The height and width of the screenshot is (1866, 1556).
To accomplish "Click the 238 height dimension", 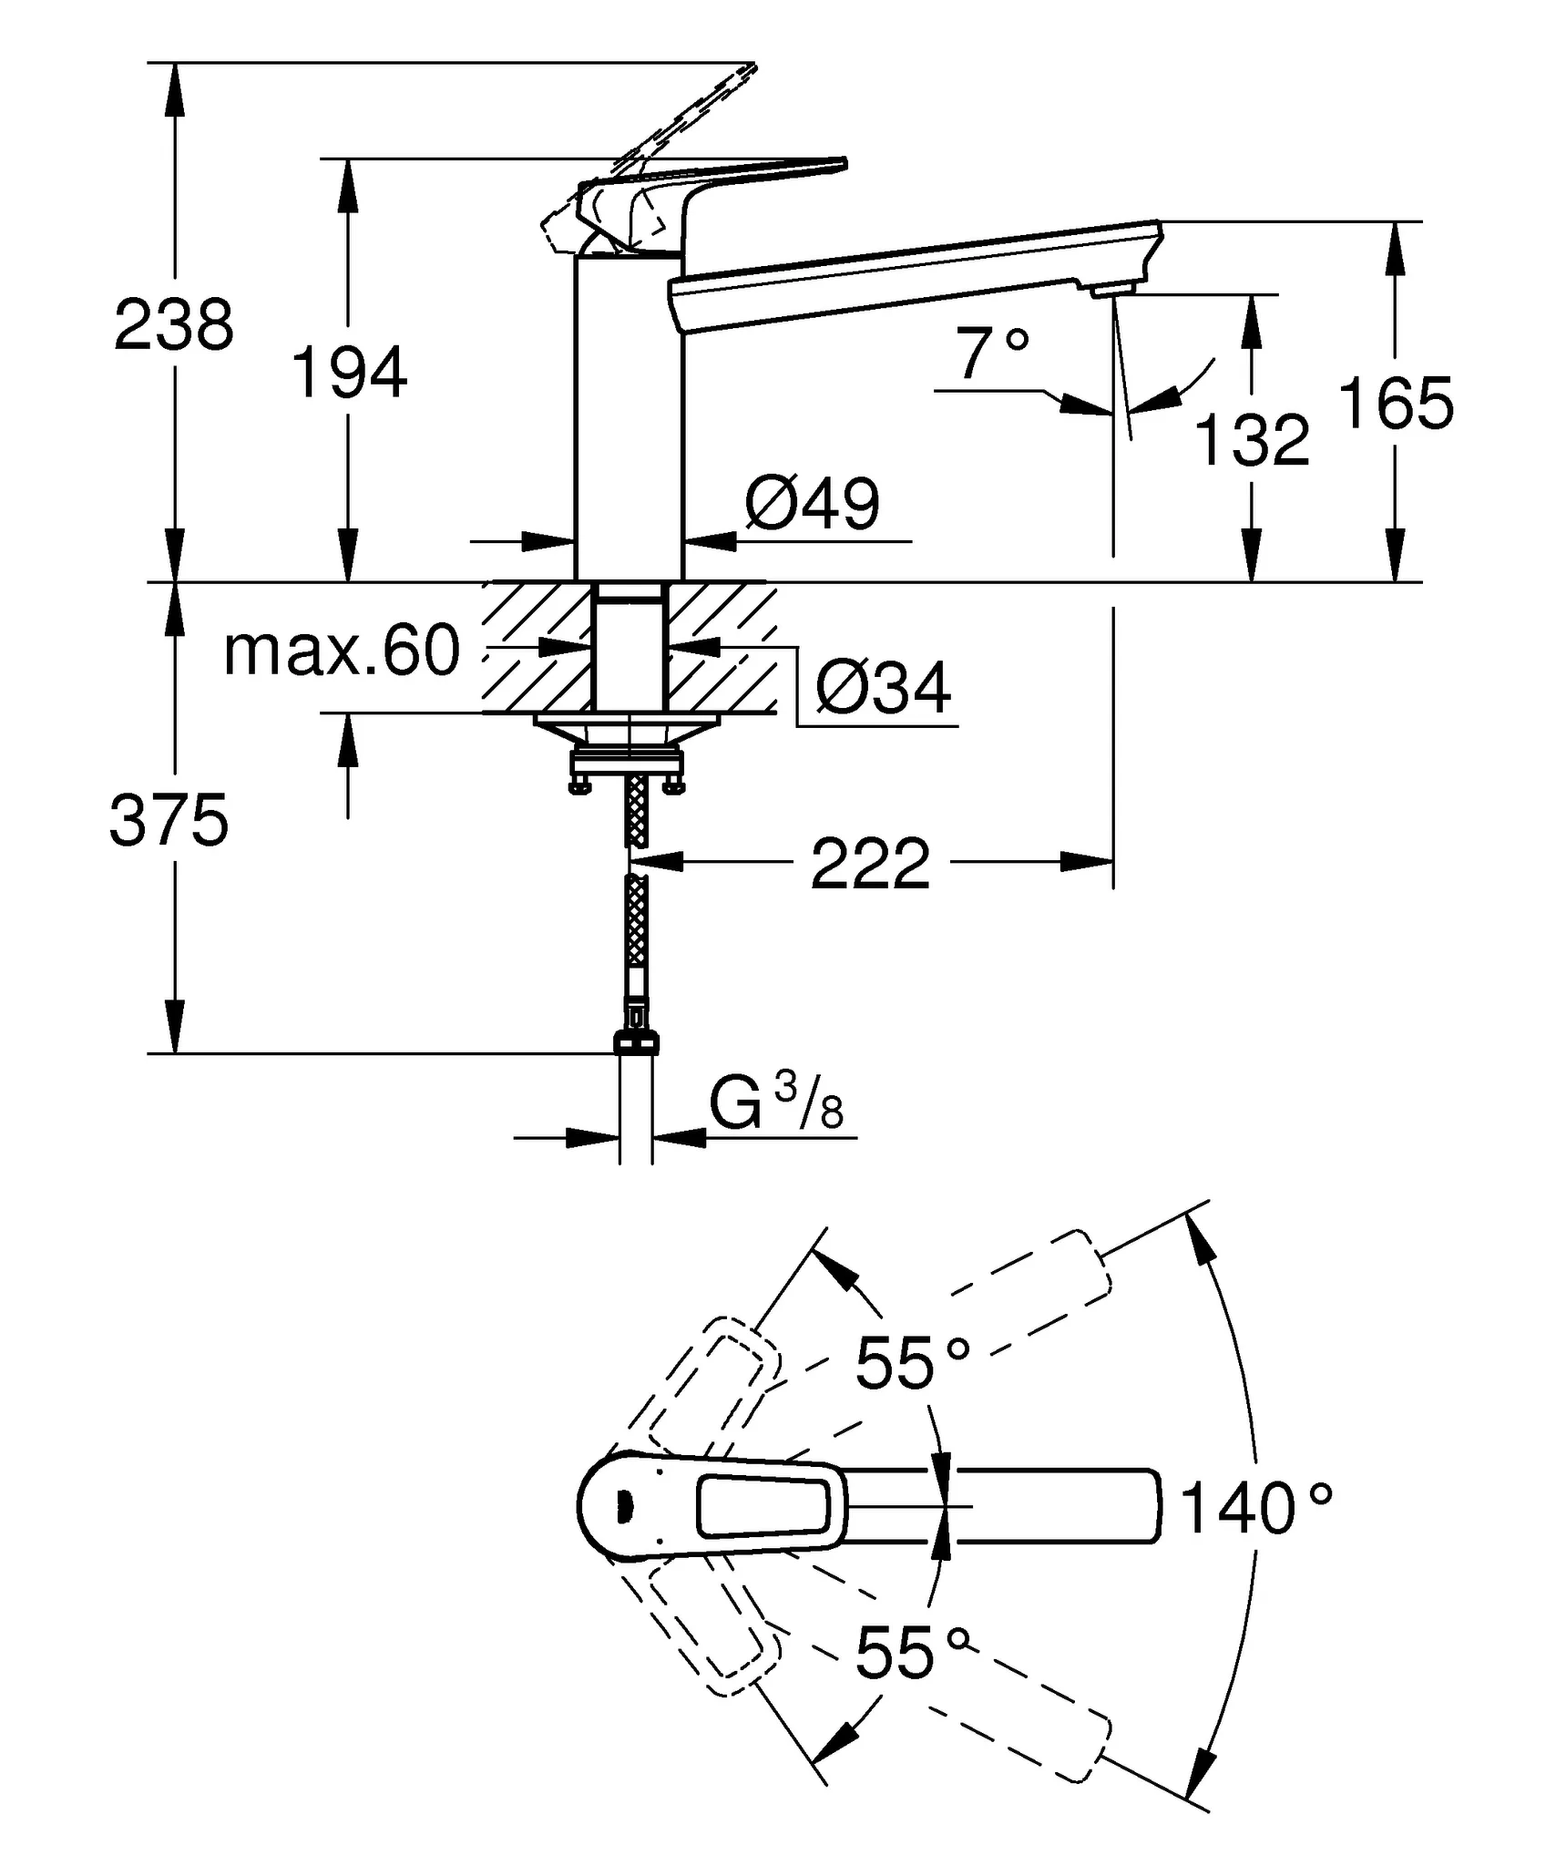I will pyautogui.click(x=173, y=325).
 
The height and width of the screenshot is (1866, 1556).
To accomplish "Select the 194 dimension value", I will pyautogui.click(x=348, y=373).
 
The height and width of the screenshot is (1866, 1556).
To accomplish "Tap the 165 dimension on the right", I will pyautogui.click(x=1396, y=404).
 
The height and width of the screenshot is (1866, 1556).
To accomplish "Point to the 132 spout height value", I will pyautogui.click(x=1252, y=441).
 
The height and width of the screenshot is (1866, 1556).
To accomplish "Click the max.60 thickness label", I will pyautogui.click(x=342, y=651).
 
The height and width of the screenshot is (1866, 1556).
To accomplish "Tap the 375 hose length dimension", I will pyautogui.click(x=169, y=821).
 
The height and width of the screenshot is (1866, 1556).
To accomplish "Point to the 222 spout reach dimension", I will pyautogui.click(x=870, y=864).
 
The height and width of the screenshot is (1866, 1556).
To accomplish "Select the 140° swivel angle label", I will pyautogui.click(x=1255, y=1508).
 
